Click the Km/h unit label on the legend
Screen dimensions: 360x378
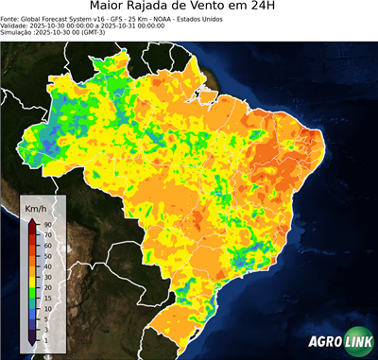[x=35, y=205]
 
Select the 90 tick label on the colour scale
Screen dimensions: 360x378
[x=47, y=224]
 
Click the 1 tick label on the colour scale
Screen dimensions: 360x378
[x=45, y=339]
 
